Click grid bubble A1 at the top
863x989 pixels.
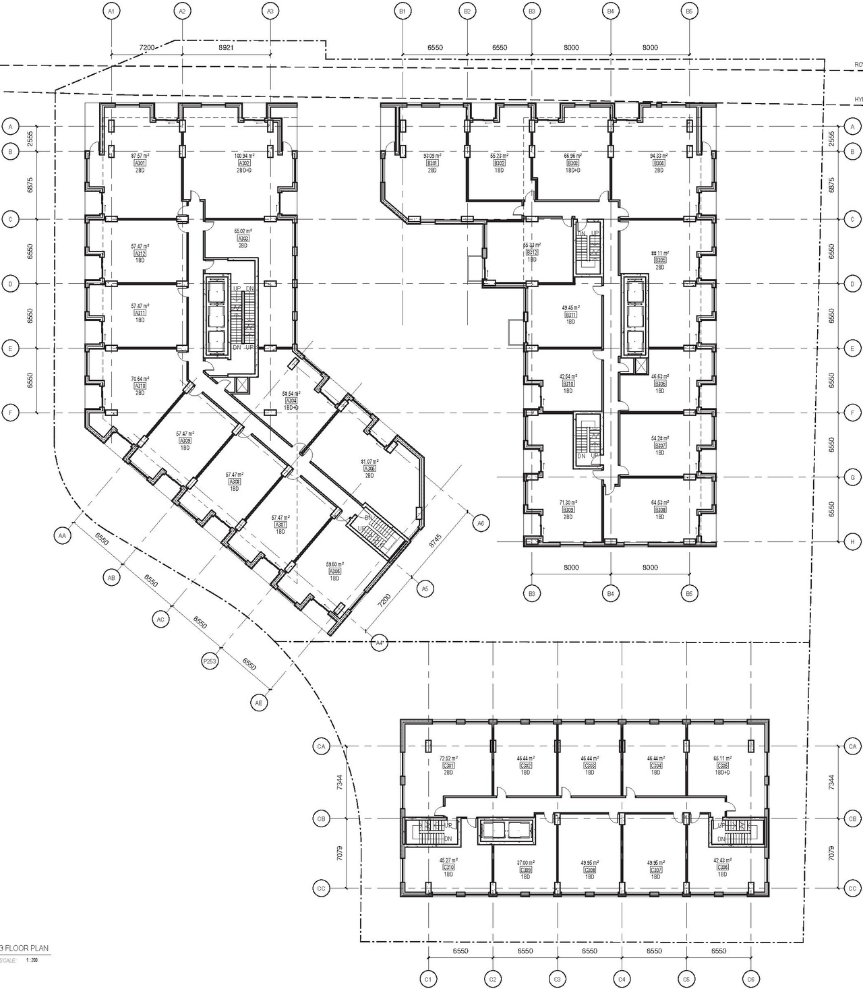coord(111,11)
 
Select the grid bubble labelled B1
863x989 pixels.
coord(403,11)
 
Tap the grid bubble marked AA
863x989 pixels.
coord(62,536)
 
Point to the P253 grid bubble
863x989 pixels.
coord(210,662)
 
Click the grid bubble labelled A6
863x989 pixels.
coord(480,522)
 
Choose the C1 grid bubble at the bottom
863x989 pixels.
coord(427,979)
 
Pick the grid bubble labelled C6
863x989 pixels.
coord(750,979)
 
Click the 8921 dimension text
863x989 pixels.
coord(227,48)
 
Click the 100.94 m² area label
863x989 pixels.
coord(243,156)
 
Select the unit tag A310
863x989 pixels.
coord(140,386)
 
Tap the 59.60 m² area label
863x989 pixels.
coord(335,564)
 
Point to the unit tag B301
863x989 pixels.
coord(432,163)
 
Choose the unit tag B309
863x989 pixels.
coord(568,510)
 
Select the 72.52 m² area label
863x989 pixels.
coord(448,758)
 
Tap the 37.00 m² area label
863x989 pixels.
coord(526,863)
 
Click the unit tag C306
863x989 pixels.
coord(722,766)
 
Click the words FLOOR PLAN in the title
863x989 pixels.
coord(28,948)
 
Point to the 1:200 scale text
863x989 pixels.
coord(32,960)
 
